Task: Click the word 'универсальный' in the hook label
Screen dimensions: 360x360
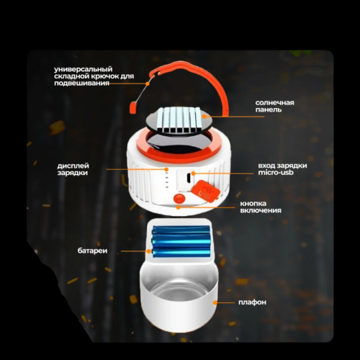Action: point(84,69)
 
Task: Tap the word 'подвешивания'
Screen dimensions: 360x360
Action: point(82,84)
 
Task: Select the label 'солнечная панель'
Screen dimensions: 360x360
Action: point(274,107)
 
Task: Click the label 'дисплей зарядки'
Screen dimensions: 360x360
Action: point(73,169)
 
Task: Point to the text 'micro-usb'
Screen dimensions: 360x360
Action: point(276,172)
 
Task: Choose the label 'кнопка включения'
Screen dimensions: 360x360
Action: point(261,207)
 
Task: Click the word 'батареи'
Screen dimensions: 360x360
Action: point(92,251)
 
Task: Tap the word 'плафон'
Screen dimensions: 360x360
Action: point(252,302)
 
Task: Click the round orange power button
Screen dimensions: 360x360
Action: point(179,199)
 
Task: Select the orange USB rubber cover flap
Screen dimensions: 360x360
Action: point(206,189)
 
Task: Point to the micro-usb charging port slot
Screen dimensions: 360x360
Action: point(189,176)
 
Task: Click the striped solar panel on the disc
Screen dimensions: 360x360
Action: point(179,120)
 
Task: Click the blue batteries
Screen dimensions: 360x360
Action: point(181,241)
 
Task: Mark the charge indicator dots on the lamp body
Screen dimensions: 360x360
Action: point(167,179)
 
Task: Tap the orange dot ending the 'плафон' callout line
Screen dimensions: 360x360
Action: point(215,302)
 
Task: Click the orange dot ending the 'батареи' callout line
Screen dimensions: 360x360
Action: point(149,251)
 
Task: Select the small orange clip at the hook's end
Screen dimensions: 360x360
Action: point(132,107)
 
